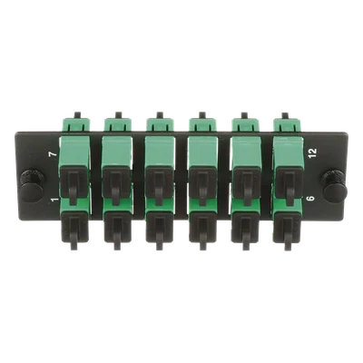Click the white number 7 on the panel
coord(53,154)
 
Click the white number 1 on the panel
coord(54,200)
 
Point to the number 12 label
coord(312,152)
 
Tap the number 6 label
coord(311,199)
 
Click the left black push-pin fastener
coord(32,184)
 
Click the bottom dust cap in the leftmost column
coord(74,230)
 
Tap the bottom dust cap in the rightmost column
coord(287,230)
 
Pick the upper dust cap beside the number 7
coord(74,185)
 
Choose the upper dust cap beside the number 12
coord(289,185)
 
